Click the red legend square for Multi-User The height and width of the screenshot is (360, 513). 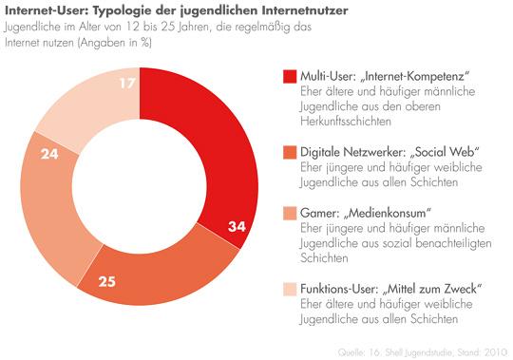pyautogui.click(x=289, y=77)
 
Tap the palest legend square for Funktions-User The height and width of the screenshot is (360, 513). pyautogui.click(x=289, y=289)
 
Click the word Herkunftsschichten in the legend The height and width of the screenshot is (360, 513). pyautogui.click(x=348, y=121)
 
